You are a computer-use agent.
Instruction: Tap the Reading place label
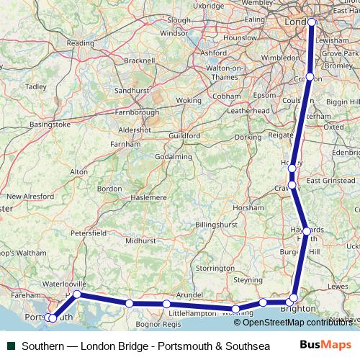pos(80,43)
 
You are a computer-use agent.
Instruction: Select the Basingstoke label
pos(50,125)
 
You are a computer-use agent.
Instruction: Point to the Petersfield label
pos(89,233)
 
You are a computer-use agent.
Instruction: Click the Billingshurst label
pos(217,225)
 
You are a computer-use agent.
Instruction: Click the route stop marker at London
pos(312,22)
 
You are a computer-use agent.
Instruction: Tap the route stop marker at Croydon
pos(310,76)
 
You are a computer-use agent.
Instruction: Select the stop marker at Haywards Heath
pos(307,231)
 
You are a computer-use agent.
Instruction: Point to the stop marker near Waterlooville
pos(77,294)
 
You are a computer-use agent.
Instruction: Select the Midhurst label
pos(140,240)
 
